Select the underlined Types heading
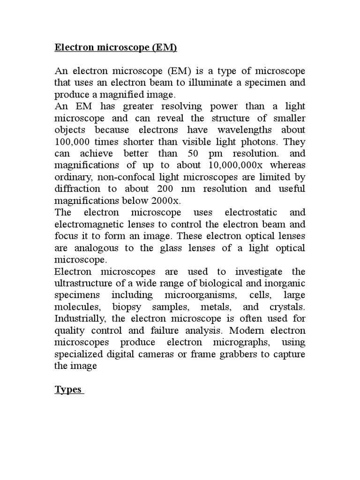[68, 390]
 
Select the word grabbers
[238, 354]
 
